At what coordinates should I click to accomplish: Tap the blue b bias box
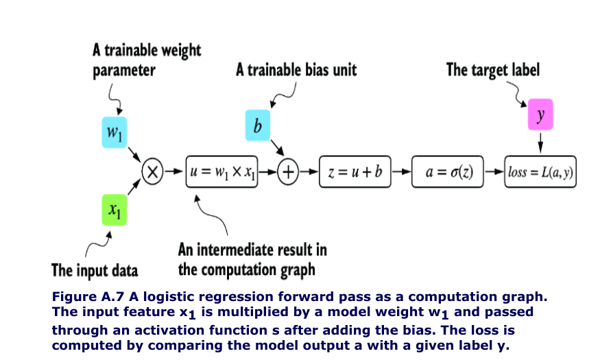pos(259,125)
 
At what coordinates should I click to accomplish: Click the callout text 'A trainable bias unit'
pos(296,69)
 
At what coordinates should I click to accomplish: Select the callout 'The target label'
pos(492,69)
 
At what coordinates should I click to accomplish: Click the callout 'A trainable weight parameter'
pos(146,60)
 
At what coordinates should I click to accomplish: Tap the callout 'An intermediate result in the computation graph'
pos(251,259)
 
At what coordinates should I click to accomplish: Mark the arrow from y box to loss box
pos(540,142)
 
